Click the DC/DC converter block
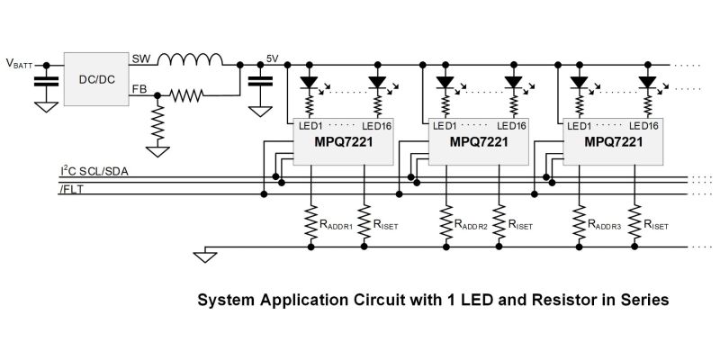coord(97,78)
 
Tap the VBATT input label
coord(19,64)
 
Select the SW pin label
coord(140,58)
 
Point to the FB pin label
coord(140,88)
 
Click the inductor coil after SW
coord(190,60)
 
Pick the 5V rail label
coord(274,59)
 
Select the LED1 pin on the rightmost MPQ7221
coord(582,126)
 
